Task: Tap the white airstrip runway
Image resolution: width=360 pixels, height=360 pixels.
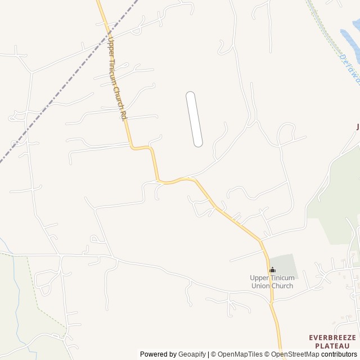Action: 194,119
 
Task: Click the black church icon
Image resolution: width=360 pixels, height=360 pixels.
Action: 272,270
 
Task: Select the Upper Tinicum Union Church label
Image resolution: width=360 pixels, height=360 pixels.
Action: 272,282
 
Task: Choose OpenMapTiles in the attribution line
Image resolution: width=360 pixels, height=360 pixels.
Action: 238,354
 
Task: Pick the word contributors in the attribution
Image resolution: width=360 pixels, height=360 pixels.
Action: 341,354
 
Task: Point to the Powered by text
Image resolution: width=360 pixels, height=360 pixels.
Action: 158,354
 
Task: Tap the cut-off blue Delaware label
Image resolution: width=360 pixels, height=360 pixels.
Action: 350,67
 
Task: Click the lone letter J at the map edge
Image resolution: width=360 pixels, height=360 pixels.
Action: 357,127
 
